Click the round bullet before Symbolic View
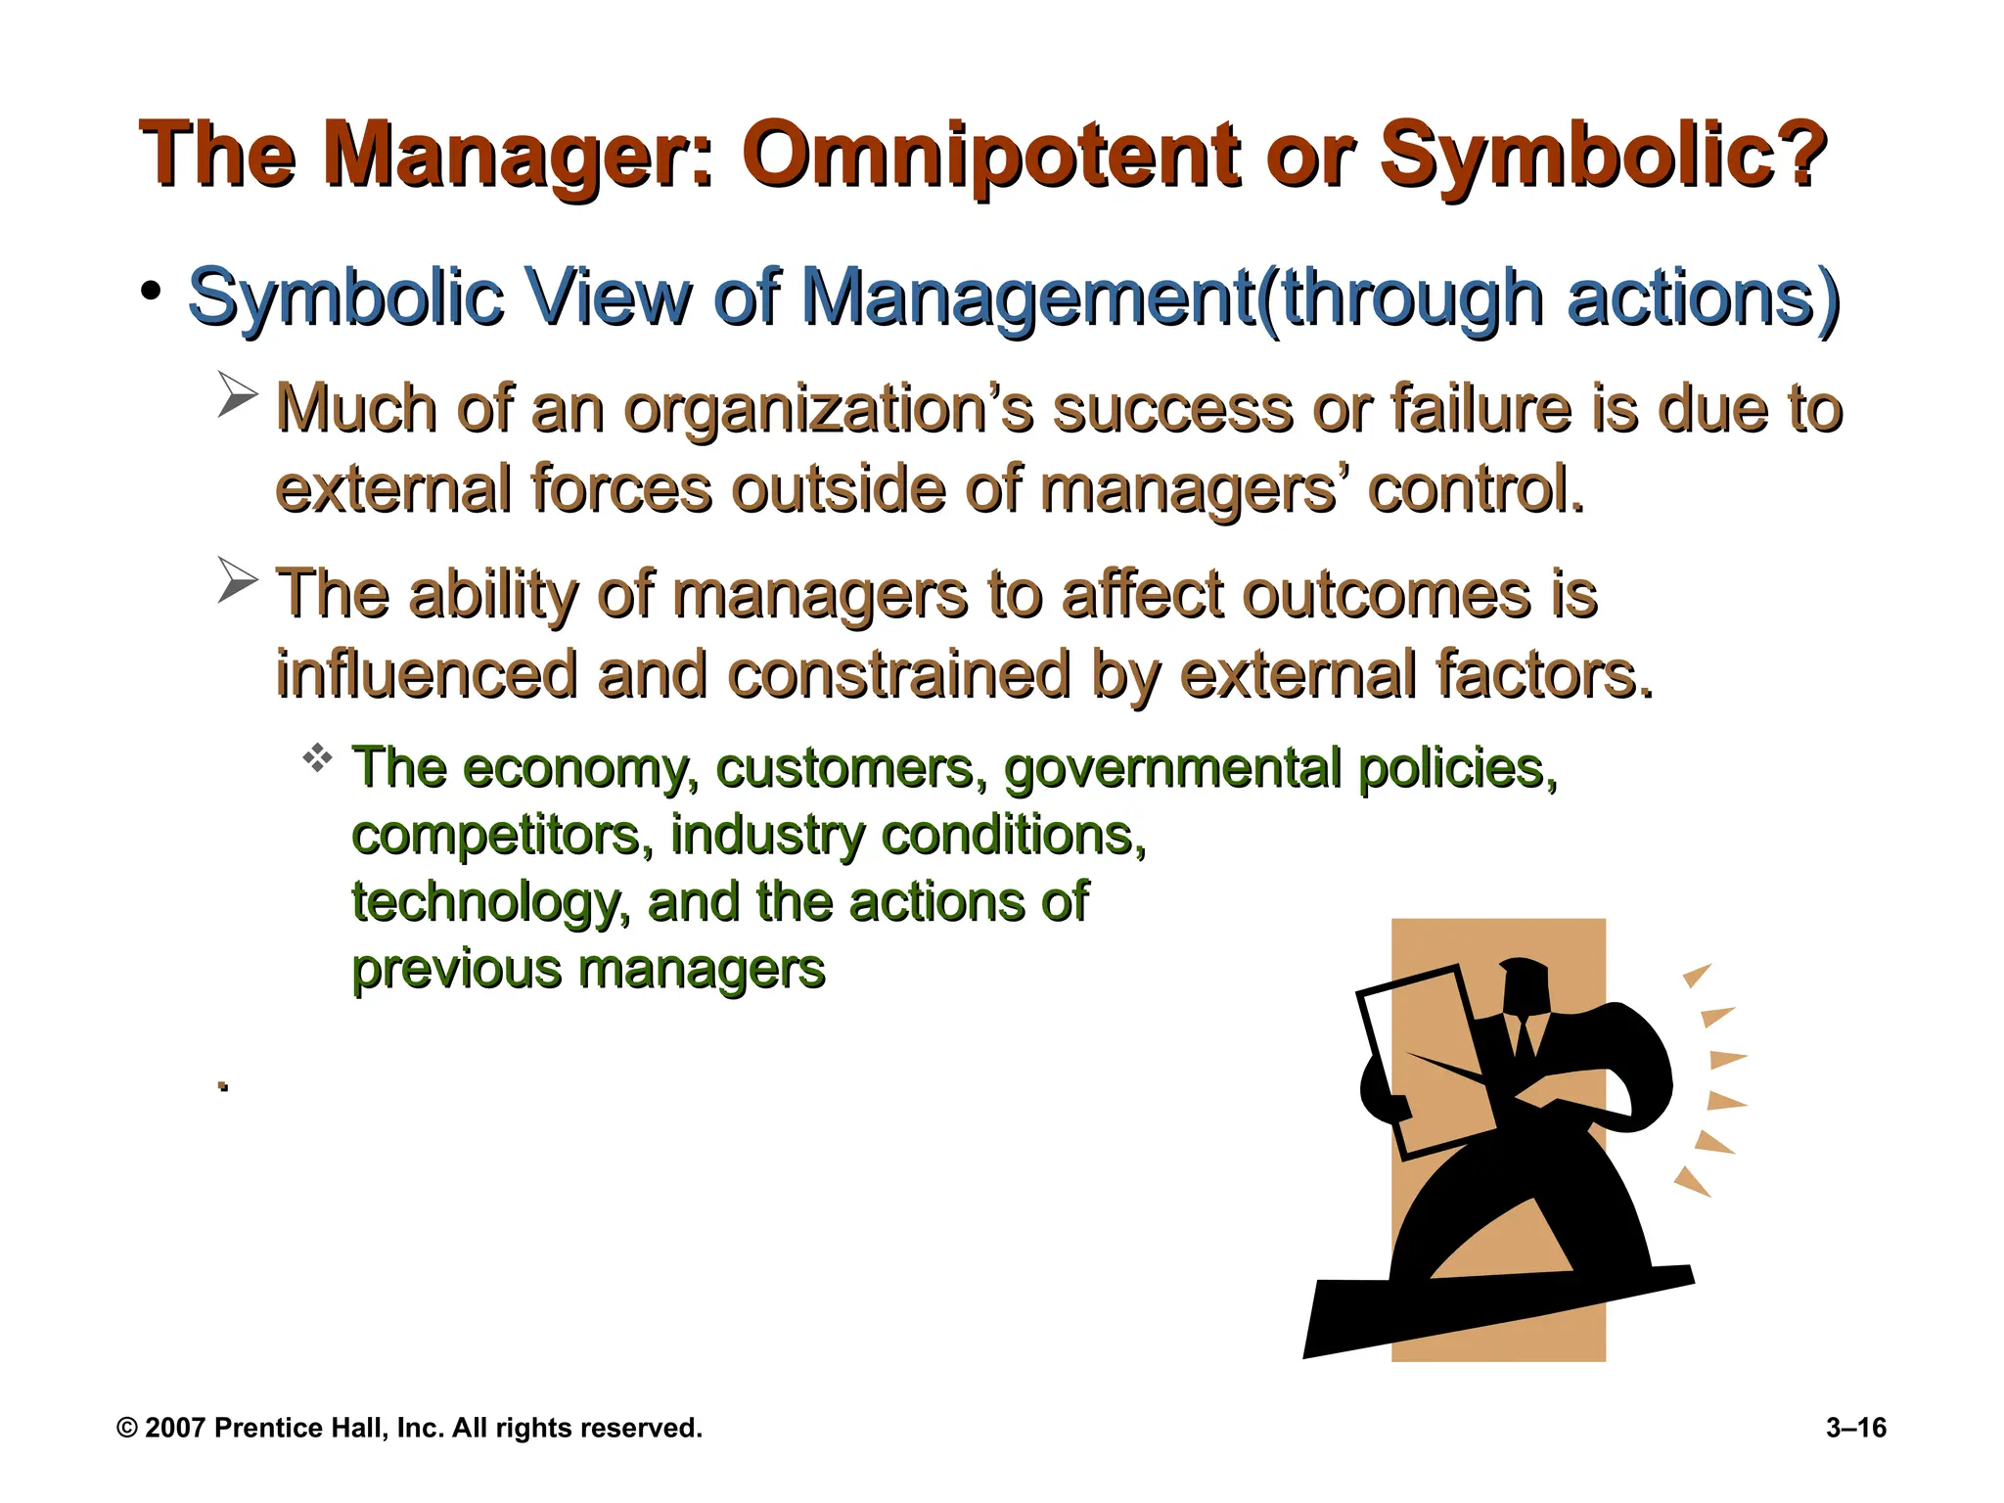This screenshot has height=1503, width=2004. point(151,292)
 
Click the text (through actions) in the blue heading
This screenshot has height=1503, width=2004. point(1549,298)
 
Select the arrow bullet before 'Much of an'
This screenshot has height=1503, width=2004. point(237,395)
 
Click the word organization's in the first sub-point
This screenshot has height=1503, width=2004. point(828,409)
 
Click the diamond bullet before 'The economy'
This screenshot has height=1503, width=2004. point(318,758)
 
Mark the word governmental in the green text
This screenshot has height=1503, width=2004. point(1172,769)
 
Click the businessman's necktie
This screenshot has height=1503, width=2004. point(1524,1037)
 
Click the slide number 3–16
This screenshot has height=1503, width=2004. point(1855,1428)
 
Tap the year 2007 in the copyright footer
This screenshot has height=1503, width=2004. point(175,1428)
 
